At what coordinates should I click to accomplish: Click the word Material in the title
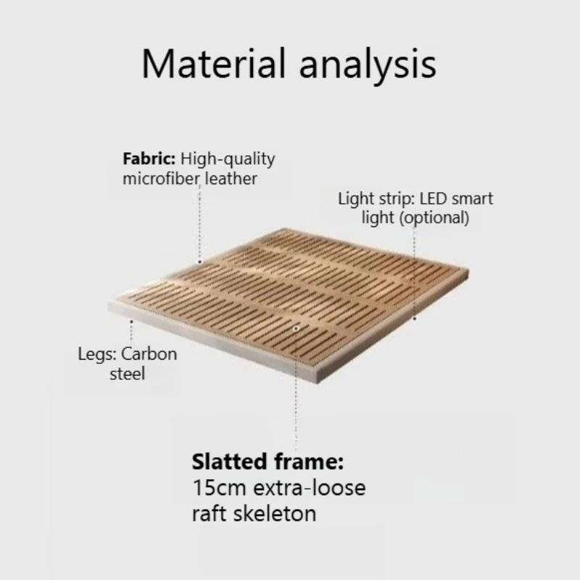pos(214,64)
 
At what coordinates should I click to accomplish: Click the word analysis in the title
pos(368,66)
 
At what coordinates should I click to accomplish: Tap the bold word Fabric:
pos(149,159)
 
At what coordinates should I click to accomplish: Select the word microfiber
pos(161,178)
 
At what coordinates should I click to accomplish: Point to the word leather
pos(231,178)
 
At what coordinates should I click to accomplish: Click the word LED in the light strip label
pos(433,199)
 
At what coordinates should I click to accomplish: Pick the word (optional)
pos(434,218)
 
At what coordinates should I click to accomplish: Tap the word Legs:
pos(97,355)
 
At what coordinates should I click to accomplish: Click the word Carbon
pos(149,355)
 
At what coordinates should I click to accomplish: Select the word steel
pos(128,373)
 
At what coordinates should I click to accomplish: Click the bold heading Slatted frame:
pos(268,462)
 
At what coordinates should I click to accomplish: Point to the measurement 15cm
pos(220,488)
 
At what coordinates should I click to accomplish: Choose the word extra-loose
pos(310,488)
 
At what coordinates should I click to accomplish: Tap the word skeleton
pos(275,514)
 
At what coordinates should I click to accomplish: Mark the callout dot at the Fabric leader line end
pos(200,262)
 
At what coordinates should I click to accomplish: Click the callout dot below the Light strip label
pos(415,318)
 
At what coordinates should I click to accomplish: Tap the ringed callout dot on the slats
pos(296,328)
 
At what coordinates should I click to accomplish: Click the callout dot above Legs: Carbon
pos(131,322)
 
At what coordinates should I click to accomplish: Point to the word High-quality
pos(228,159)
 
